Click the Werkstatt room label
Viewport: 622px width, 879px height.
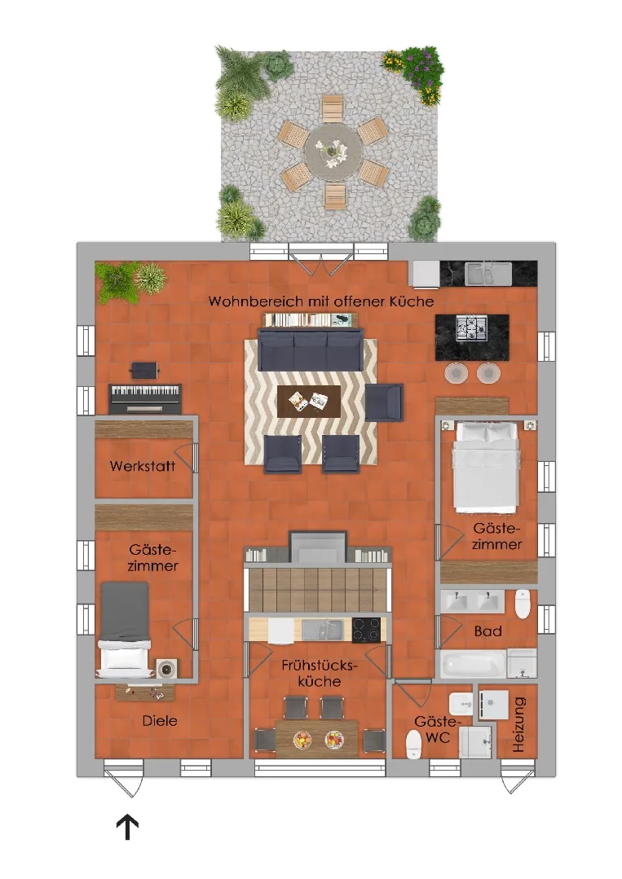[143, 466]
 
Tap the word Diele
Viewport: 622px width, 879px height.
[160, 721]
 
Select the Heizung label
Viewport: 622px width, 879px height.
[518, 724]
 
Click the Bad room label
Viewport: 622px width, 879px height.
[487, 631]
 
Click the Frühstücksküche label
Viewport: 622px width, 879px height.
[319, 673]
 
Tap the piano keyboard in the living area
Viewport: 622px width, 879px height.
[145, 398]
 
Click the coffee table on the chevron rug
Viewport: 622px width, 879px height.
[309, 402]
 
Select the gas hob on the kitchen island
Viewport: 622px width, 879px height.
[471, 328]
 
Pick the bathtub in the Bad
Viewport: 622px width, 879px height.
[473, 663]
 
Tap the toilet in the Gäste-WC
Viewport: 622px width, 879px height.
[413, 744]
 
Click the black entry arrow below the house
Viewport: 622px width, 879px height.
[127, 827]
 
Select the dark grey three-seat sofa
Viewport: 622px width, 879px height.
[310, 349]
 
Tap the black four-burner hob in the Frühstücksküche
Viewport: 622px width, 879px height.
[366, 630]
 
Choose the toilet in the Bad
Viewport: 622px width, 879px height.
[523, 604]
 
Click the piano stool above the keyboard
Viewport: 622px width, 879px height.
[145, 371]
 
